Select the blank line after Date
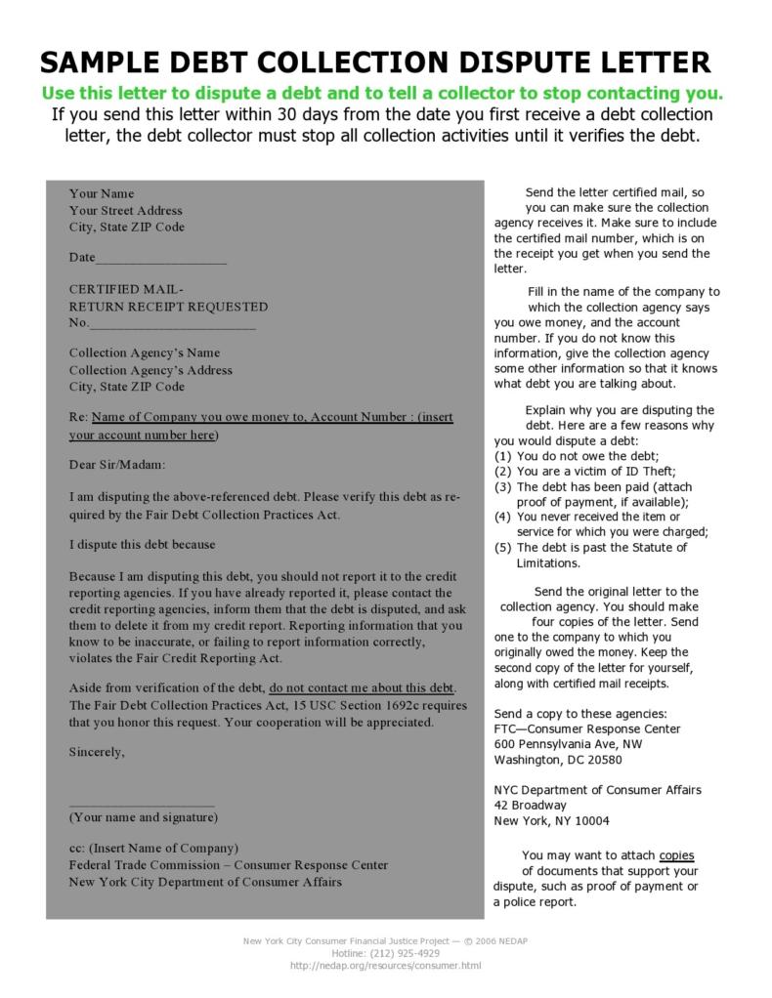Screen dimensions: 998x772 (161, 260)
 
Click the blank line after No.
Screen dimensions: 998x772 (173, 325)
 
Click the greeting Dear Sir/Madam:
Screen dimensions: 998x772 (117, 465)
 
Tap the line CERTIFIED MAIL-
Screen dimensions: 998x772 (126, 289)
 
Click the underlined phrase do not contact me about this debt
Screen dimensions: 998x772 (362, 686)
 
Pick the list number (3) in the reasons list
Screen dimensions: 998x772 (503, 486)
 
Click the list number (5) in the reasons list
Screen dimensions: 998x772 (503, 548)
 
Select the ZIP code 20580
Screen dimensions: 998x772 (601, 760)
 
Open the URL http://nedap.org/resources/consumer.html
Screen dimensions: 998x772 (386, 966)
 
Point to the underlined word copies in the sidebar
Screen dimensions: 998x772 (677, 854)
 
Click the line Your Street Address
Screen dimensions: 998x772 (126, 210)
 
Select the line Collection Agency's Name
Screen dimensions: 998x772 (145, 353)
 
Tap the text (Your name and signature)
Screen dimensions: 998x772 (144, 816)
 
